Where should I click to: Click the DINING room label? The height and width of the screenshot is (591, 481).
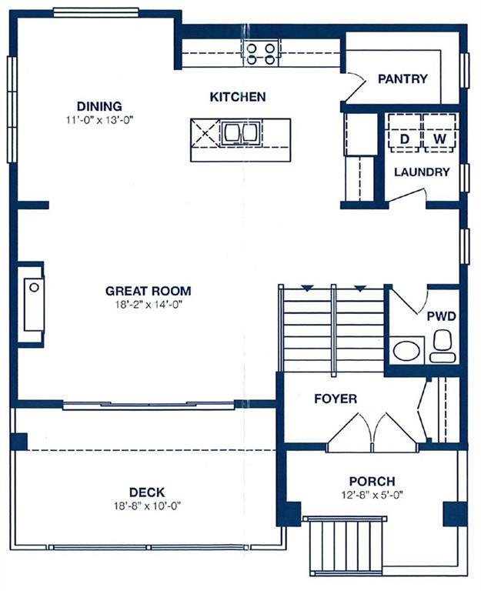tap(99, 106)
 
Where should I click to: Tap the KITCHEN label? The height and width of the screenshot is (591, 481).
tap(238, 97)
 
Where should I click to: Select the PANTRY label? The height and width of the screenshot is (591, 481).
tap(403, 78)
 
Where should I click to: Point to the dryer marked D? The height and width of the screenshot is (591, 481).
tap(405, 133)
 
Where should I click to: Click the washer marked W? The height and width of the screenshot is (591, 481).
tap(439, 133)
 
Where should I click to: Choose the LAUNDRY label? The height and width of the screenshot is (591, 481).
tap(422, 172)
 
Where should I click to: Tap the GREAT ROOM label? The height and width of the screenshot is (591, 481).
tap(148, 291)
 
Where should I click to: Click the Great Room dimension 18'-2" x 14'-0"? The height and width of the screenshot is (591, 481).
tap(149, 305)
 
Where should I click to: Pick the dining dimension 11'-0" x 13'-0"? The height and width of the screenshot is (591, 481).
tap(100, 120)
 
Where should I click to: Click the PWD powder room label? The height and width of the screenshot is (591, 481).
tap(442, 316)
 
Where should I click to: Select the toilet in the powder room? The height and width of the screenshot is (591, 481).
tap(443, 346)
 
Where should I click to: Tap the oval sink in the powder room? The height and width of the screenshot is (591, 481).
tap(406, 351)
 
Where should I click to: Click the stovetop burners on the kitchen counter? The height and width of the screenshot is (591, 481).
tap(260, 54)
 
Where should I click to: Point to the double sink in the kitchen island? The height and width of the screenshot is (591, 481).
tap(240, 132)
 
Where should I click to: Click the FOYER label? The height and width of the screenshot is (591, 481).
tap(336, 399)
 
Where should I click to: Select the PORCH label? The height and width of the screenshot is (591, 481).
tap(372, 481)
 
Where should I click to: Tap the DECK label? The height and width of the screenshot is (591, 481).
tap(147, 492)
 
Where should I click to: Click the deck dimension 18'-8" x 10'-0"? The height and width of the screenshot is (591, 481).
tap(148, 506)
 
